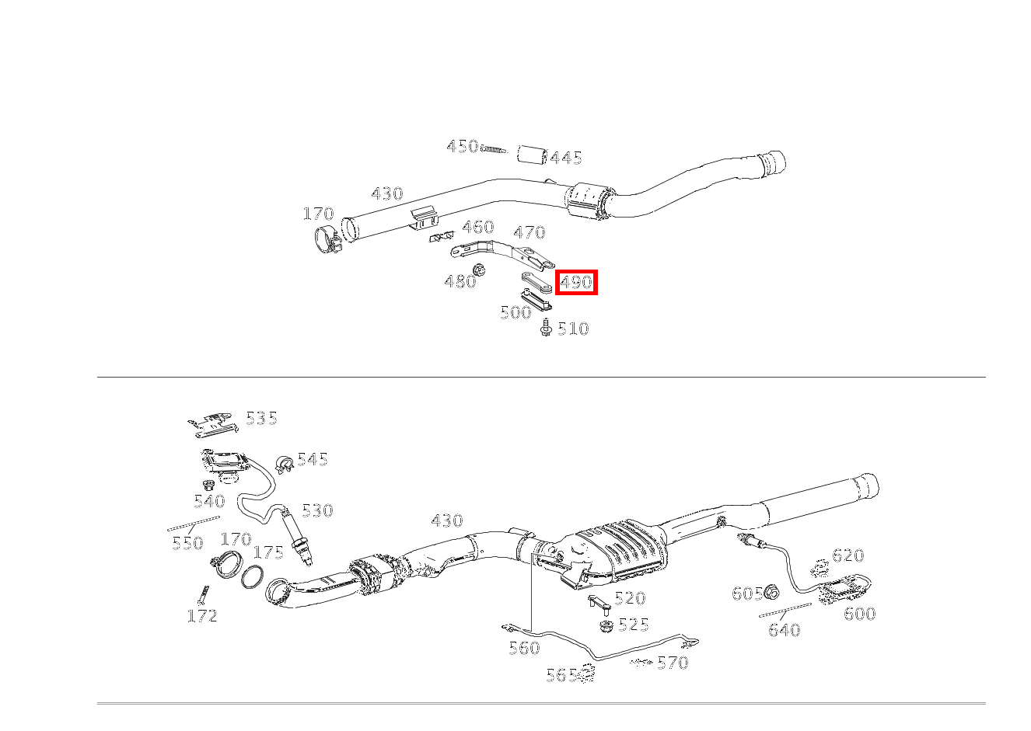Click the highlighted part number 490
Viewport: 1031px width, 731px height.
576,282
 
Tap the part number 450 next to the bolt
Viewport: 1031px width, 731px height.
462,146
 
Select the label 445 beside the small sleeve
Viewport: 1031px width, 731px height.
566,158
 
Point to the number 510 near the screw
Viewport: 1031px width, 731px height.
573,329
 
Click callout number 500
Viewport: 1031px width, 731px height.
515,312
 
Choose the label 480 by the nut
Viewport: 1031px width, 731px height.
460,281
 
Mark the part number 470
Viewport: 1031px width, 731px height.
529,232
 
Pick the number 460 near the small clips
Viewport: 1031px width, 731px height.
478,227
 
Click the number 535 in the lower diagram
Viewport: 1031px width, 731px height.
261,418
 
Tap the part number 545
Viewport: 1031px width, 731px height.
312,459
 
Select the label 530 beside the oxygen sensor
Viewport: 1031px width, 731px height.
317,510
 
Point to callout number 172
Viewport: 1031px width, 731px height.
202,616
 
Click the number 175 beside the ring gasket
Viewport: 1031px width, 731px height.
268,552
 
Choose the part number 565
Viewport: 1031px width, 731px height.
561,675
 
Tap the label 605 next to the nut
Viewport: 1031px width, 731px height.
747,594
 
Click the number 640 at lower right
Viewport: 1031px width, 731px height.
784,630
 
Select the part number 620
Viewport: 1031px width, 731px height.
848,555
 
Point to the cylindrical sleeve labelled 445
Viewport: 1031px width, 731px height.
532,153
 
